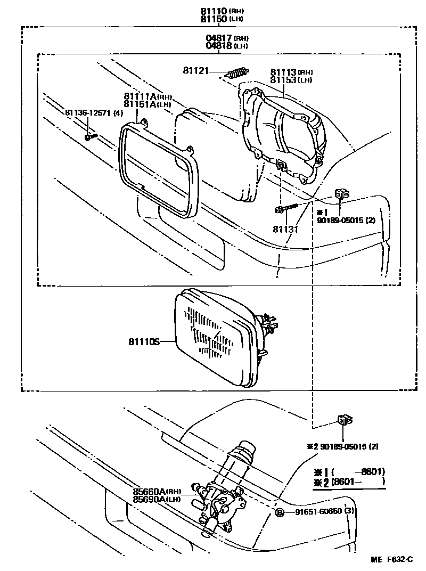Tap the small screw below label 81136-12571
tap(90, 137)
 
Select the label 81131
tap(286, 229)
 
